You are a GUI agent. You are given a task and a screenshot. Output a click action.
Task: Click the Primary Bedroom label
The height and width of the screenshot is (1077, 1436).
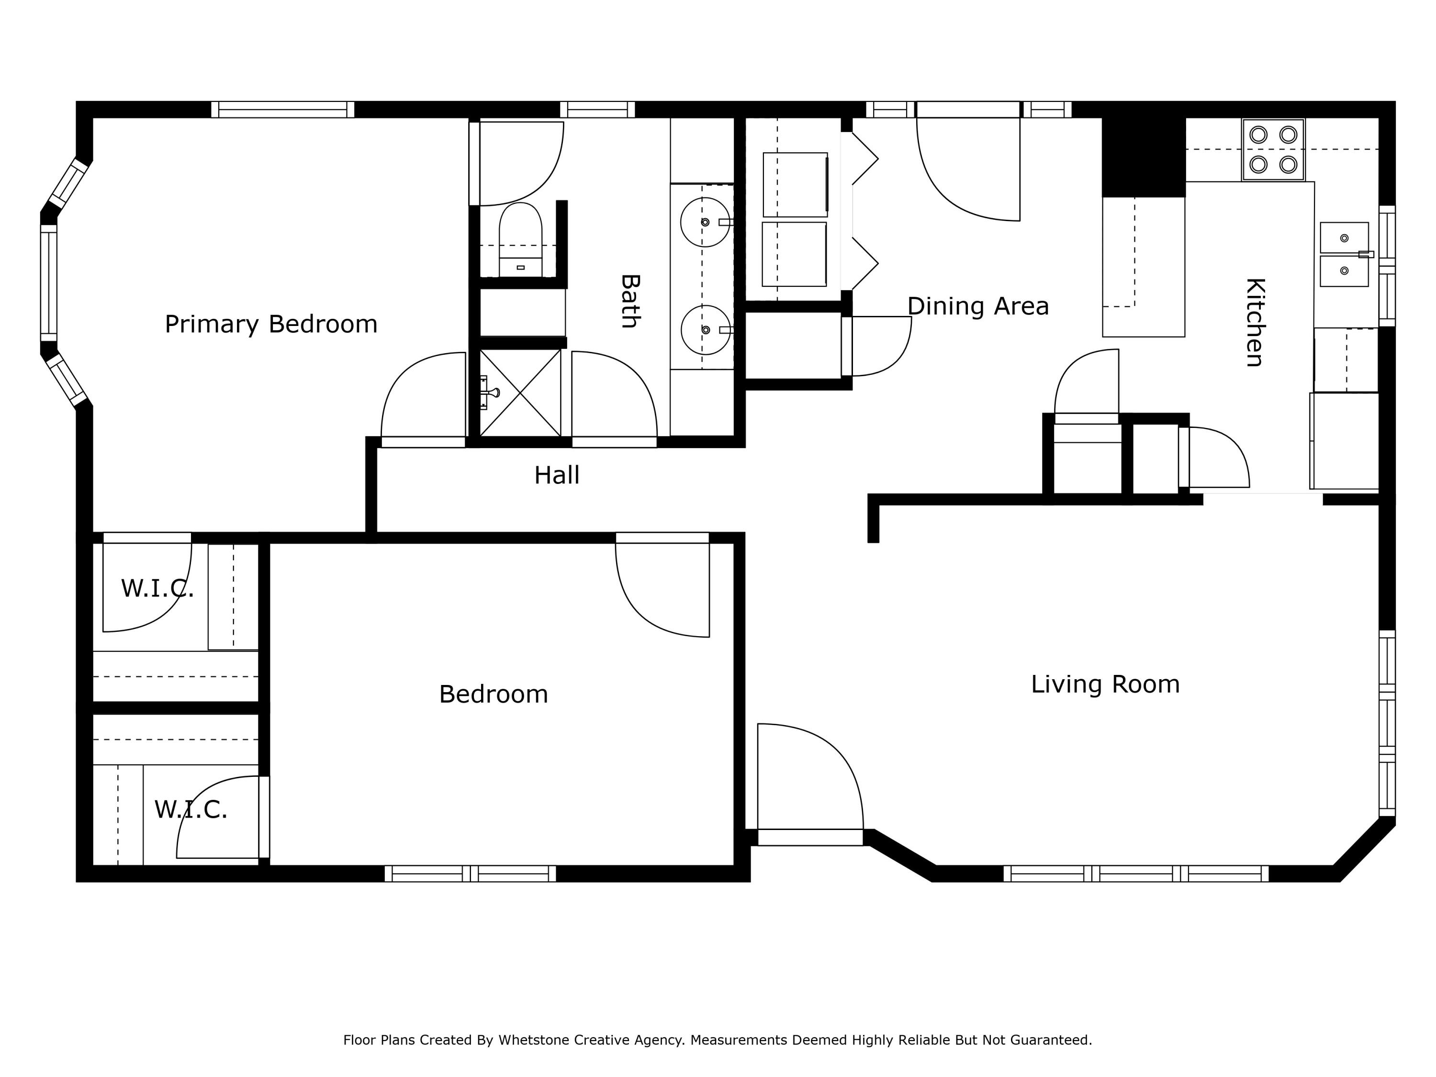pos(271,324)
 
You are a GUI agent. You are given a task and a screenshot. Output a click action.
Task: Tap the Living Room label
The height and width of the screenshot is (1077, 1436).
pos(1105,684)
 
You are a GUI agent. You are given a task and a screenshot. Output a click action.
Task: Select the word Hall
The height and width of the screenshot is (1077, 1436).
pos(556,475)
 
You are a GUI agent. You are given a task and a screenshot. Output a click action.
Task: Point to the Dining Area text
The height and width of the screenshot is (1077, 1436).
pos(977,306)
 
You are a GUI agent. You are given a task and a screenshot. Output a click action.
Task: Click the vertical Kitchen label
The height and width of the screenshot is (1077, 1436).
pos(1255,323)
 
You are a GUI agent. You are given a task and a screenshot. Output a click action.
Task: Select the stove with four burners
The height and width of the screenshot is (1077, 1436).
pos(1273,150)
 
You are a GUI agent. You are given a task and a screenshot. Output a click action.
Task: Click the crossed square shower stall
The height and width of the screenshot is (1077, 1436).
pos(520,393)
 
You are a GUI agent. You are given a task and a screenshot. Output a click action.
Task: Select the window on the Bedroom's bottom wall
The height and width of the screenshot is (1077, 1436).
pos(471,874)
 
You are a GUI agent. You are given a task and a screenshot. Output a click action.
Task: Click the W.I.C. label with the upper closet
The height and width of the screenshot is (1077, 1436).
pos(157,589)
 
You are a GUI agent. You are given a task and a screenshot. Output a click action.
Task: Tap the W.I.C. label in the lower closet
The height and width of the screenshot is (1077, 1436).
pos(191,809)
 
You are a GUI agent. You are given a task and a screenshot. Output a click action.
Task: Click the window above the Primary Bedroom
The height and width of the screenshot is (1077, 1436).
pos(282,109)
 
